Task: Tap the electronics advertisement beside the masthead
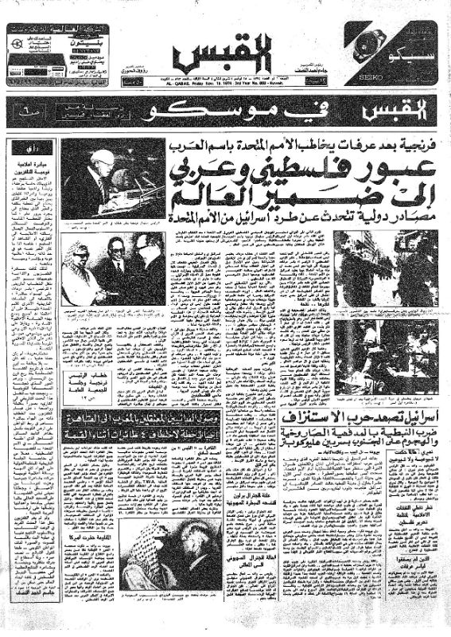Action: tap(56, 53)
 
